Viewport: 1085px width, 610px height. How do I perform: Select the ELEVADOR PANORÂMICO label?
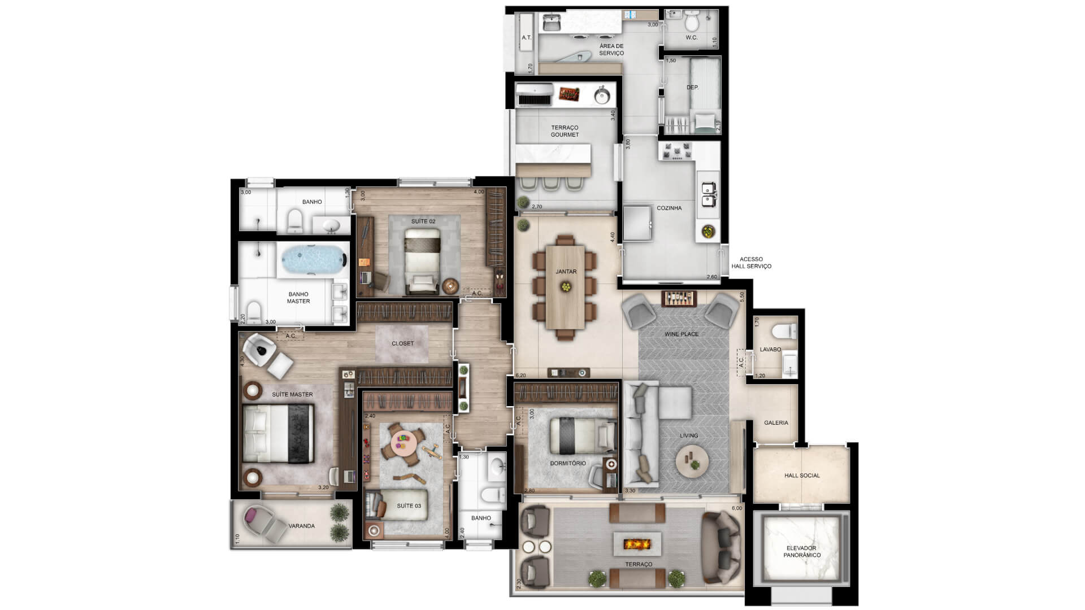click(801, 552)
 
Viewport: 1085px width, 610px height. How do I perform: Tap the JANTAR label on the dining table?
click(566, 272)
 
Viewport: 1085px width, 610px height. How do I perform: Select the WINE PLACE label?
click(682, 334)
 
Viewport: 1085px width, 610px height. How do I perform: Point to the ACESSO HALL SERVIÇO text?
click(751, 263)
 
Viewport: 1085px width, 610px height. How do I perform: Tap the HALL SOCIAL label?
click(802, 476)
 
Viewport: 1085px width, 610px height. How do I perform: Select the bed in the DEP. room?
click(705, 96)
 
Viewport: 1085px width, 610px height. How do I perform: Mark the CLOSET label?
click(403, 343)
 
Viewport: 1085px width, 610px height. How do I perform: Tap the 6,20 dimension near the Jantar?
click(521, 375)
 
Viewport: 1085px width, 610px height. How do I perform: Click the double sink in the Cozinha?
click(708, 194)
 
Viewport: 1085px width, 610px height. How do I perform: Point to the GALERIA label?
click(776, 422)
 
